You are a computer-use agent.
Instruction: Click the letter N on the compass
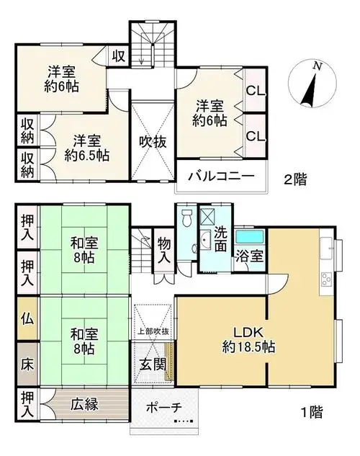pyautogui.click(x=318, y=66)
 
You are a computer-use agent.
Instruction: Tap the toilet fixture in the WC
pyautogui.click(x=186, y=218)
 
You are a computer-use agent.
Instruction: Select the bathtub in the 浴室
pyautogui.click(x=250, y=237)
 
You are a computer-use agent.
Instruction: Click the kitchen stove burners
pyautogui.click(x=326, y=280)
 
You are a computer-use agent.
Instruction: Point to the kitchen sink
pyautogui.click(x=326, y=248)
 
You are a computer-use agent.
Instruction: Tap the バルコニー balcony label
pyautogui.click(x=221, y=176)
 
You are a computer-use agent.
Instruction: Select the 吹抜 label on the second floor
pyautogui.click(x=153, y=142)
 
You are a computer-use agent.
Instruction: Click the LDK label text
pyautogui.click(x=248, y=332)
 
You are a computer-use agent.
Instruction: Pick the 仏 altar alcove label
pyautogui.click(x=27, y=319)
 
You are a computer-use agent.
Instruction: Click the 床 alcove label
pyautogui.click(x=27, y=365)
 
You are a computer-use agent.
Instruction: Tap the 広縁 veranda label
pyautogui.click(x=84, y=404)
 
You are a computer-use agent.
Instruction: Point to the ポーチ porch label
pyautogui.click(x=164, y=408)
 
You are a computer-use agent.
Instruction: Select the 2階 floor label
pyautogui.click(x=295, y=179)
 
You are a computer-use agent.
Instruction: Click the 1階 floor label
pyautogui.click(x=312, y=412)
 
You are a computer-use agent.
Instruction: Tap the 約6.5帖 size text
pyautogui.click(x=87, y=156)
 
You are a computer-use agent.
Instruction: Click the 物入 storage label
pyautogui.click(x=164, y=250)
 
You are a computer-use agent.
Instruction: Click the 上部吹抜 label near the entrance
pyautogui.click(x=153, y=331)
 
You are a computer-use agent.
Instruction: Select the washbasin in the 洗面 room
pyautogui.click(x=206, y=240)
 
